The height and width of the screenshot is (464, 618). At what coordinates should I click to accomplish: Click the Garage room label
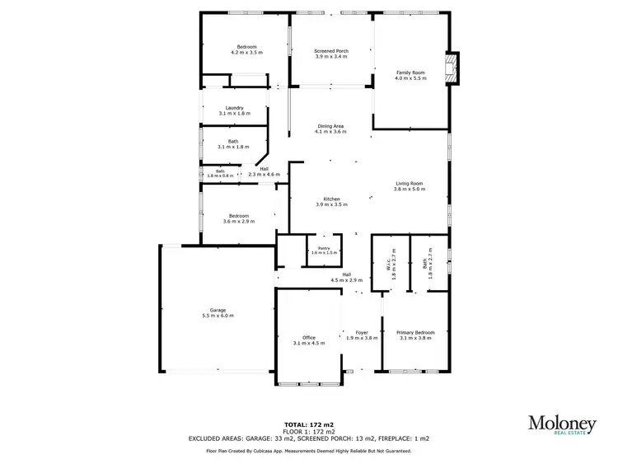(x=218, y=312)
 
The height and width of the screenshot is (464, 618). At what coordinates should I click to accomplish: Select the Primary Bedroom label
(x=415, y=335)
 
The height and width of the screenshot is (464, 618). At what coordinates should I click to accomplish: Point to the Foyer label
(x=361, y=335)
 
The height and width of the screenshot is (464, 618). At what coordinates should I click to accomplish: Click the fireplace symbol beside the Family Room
(x=450, y=68)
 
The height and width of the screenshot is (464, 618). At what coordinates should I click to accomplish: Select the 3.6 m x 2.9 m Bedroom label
(x=239, y=218)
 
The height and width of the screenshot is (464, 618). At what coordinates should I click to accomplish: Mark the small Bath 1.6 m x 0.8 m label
(x=220, y=173)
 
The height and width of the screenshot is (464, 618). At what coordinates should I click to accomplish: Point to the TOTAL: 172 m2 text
(x=308, y=423)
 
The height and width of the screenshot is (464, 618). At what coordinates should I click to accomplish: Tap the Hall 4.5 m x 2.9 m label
(x=347, y=277)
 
